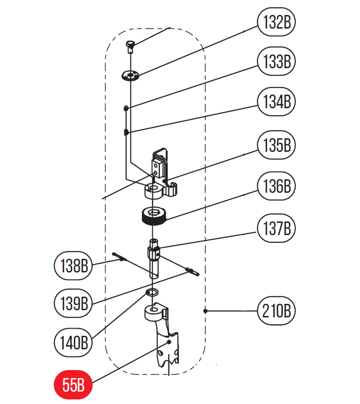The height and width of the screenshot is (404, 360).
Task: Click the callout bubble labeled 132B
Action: click(x=277, y=23)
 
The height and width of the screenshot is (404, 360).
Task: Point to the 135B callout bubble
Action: click(x=277, y=145)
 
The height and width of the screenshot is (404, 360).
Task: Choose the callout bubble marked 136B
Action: click(x=277, y=187)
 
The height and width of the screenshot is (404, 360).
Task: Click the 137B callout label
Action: click(x=277, y=229)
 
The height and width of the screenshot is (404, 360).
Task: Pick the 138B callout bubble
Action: click(x=73, y=265)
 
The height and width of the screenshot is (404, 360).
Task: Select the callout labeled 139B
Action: click(x=73, y=302)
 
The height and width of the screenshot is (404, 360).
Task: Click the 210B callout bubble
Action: click(x=277, y=311)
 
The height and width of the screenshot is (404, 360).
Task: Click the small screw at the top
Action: click(x=130, y=46)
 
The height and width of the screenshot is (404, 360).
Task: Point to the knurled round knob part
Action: click(x=153, y=216)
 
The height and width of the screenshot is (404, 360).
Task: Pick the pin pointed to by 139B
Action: click(x=192, y=271)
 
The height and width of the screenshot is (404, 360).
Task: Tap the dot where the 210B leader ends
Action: click(x=206, y=311)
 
